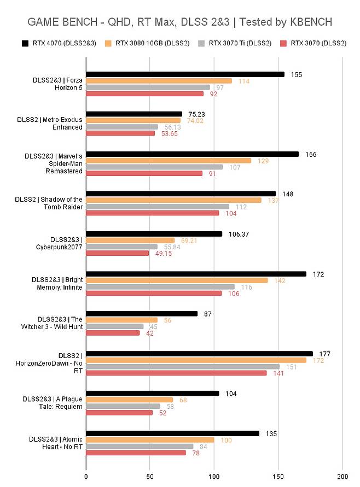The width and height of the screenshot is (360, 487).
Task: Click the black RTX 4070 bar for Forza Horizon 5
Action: coord(185,74)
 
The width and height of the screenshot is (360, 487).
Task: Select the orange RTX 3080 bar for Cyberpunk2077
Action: coord(130,240)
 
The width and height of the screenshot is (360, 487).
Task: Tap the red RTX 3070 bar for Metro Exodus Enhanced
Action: coord(120,133)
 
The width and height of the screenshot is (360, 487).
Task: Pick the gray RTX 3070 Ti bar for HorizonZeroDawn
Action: coord(183,367)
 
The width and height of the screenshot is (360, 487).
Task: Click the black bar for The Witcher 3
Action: coord(142,314)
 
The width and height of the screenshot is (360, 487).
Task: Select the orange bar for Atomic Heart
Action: coord(150,440)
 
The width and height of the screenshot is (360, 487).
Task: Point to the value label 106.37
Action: coord(239,234)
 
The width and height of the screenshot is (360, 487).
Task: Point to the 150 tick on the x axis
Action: coord(278,477)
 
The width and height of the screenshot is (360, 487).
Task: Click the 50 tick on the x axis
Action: coord(150,477)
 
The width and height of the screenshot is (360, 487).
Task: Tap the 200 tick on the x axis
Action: coord(342,477)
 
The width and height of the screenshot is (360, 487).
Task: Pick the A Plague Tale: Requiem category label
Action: coord(55,402)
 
